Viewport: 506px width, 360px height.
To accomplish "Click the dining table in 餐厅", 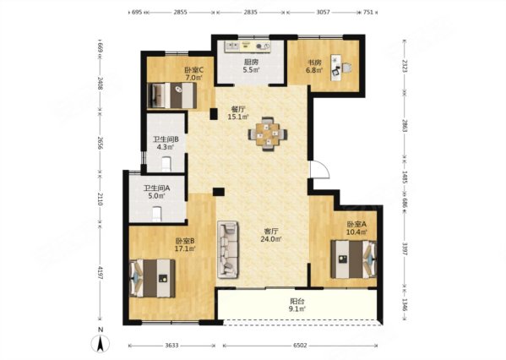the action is [268, 134].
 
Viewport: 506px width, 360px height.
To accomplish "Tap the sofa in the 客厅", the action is [228, 249].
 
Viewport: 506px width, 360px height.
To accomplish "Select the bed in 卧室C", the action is [172, 95].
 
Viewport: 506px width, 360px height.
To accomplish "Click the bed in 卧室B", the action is [152, 278].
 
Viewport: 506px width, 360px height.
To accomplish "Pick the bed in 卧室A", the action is [354, 259].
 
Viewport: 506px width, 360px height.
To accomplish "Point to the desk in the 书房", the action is [336, 68].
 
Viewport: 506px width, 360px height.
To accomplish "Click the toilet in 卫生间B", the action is [166, 164].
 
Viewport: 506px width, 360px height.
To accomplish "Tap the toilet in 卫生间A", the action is [157, 215].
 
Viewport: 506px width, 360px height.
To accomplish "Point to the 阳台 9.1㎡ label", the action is [297, 305].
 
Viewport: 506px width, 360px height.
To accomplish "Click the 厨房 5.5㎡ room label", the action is [251, 66].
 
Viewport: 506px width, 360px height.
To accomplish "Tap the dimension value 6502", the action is [300, 346].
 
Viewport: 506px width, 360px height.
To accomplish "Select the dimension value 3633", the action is [171, 346].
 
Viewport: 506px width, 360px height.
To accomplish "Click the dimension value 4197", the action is [101, 273].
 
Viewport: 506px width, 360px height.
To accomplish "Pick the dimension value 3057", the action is [323, 13].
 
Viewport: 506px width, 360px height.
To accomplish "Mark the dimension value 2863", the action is [405, 124].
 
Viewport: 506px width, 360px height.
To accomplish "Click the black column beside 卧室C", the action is [214, 114].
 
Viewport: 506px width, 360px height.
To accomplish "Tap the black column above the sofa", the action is [219, 192].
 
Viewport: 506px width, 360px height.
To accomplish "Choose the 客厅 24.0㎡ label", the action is [271, 236].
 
